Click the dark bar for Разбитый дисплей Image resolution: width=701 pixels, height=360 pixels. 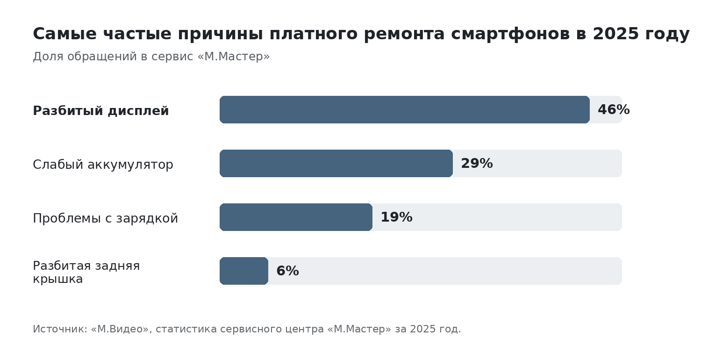click(x=405, y=109)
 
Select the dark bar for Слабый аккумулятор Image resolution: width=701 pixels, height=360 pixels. click(x=336, y=164)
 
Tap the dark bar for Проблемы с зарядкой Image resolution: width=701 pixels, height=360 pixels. click(x=296, y=217)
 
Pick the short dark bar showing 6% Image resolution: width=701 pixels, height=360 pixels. click(x=244, y=271)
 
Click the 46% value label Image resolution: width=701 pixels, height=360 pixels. click(x=614, y=109)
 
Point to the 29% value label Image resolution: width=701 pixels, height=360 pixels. click(x=477, y=164)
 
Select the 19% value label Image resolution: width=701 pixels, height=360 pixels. click(x=396, y=217)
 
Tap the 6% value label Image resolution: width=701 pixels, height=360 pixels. click(x=287, y=271)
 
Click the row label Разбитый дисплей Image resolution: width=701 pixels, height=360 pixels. click(x=101, y=111)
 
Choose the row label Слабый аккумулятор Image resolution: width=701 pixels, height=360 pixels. click(x=103, y=165)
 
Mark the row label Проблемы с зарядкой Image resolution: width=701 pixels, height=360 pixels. click(x=106, y=218)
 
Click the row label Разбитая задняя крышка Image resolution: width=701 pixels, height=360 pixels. click(x=86, y=273)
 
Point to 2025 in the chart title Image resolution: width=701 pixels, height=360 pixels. click(x=615, y=34)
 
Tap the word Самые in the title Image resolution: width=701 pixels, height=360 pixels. click(x=65, y=34)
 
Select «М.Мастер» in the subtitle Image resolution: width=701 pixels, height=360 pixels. click(x=234, y=57)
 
